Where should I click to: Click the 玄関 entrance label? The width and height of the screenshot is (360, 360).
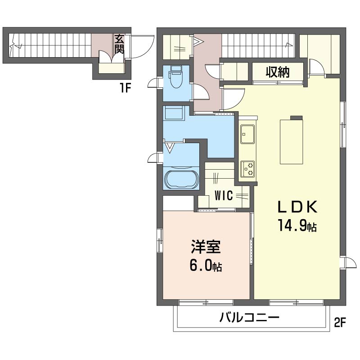tap(119, 44)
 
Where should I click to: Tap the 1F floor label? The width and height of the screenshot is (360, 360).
tap(125, 88)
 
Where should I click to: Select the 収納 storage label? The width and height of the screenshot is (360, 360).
tap(278, 72)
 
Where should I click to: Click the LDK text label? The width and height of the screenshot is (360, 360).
tap(297, 207)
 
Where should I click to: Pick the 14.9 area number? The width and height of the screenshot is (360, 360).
tap(293, 225)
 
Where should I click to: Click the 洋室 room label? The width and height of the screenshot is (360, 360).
tap(206, 247)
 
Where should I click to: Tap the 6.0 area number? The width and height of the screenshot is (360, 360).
tap(200, 266)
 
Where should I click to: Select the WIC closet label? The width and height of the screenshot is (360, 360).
tap(224, 196)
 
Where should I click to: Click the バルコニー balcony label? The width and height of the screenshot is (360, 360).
tap(249, 318)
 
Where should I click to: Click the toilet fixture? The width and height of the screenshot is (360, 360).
tap(176, 76)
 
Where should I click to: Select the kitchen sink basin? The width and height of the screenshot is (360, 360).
tap(247, 134)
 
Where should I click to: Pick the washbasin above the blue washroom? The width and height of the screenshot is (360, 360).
tap(174, 112)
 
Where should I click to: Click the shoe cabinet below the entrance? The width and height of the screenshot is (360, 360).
tap(112, 68)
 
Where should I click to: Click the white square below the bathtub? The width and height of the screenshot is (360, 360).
tap(178, 203)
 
